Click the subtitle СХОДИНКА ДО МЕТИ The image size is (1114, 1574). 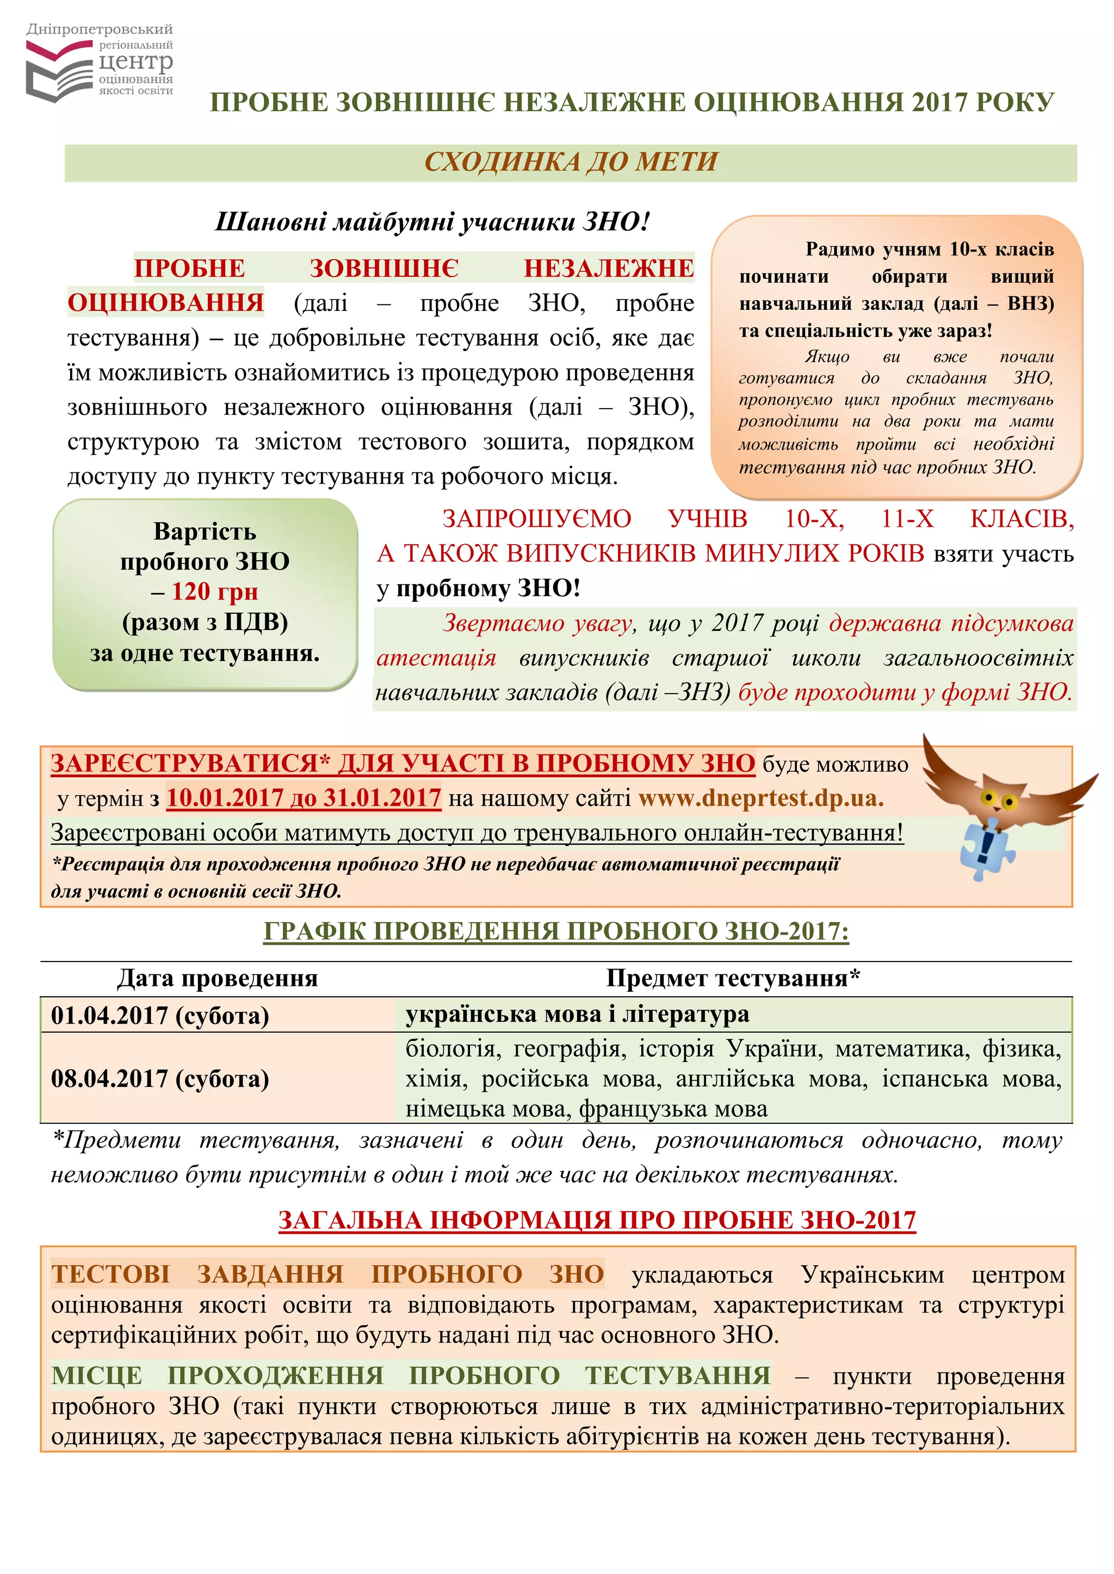571,163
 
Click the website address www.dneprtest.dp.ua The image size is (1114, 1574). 761,798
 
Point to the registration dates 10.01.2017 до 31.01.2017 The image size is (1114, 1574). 303,798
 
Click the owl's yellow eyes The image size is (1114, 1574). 998,800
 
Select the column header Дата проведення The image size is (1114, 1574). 218,978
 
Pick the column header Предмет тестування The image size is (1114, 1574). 732,978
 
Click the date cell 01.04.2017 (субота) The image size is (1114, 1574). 160,1015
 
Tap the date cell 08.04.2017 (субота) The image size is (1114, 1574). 160,1078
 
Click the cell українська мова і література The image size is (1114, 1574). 577,1014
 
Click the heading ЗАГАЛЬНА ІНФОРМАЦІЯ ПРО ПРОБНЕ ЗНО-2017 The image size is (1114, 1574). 597,1220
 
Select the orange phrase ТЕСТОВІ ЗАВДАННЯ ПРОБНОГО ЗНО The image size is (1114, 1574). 327,1274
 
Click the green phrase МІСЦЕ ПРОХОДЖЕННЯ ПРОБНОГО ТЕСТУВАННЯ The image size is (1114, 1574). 411,1375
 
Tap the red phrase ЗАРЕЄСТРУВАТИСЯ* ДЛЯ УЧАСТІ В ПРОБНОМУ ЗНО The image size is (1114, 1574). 403,763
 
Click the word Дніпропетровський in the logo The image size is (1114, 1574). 100,29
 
